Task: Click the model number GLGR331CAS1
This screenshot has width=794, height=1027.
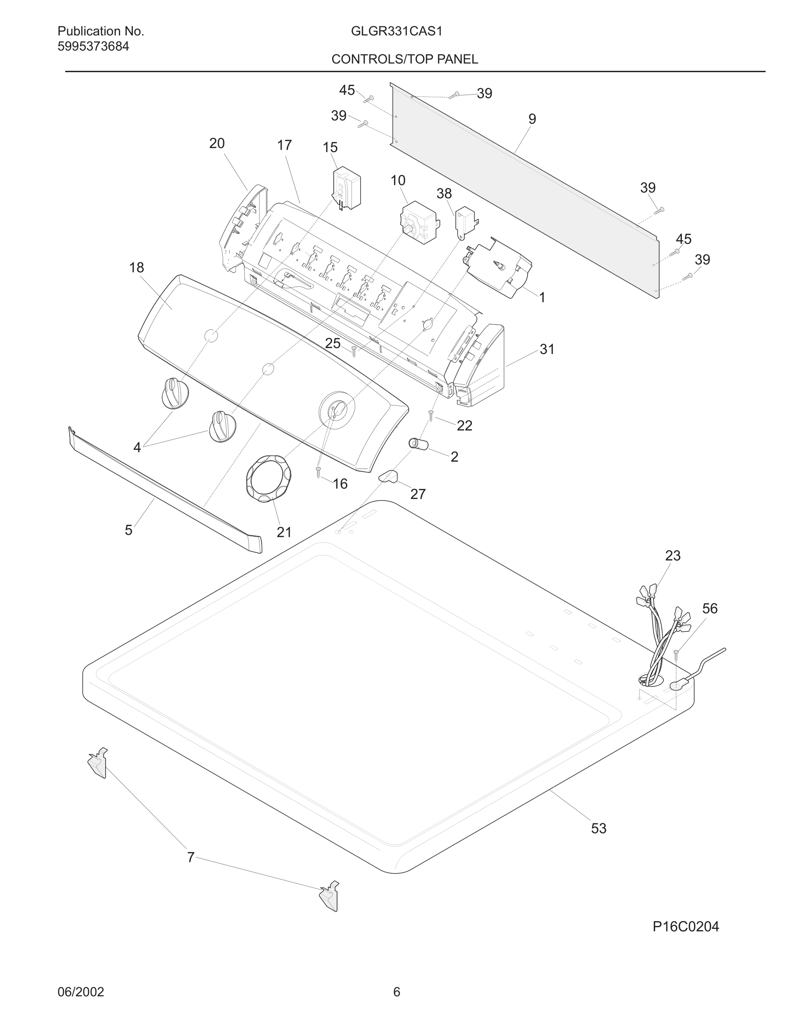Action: [x=396, y=32]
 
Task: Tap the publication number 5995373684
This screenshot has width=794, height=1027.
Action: [x=93, y=47]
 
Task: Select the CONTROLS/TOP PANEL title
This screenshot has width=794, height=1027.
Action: [x=404, y=59]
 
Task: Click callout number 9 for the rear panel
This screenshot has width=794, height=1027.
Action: [x=532, y=119]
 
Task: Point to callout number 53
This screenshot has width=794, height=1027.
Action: [x=599, y=828]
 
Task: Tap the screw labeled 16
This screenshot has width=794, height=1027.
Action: [x=318, y=472]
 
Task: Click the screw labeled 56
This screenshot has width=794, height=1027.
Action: [x=676, y=653]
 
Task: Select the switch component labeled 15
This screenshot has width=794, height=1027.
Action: [x=347, y=188]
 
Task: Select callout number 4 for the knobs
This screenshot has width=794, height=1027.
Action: [x=137, y=447]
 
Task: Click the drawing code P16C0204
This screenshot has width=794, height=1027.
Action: [x=685, y=926]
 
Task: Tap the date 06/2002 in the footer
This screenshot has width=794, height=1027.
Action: [x=80, y=992]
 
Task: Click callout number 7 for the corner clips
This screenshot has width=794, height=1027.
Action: [x=191, y=857]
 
